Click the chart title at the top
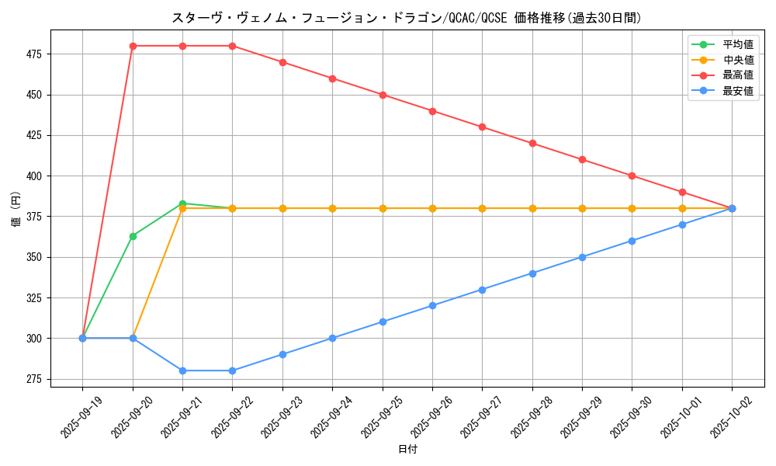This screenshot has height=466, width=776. (x=407, y=18)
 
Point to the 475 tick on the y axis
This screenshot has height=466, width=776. (x=35, y=54)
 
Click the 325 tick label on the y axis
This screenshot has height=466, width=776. (x=35, y=298)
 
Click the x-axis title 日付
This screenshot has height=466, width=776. (x=407, y=450)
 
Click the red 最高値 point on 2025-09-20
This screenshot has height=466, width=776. (x=133, y=46)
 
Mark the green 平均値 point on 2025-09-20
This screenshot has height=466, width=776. (x=133, y=236)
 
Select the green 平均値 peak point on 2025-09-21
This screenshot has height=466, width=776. (x=182, y=203)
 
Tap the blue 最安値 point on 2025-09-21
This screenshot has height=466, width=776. (x=182, y=370)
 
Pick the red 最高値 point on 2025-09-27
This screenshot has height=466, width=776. (x=482, y=127)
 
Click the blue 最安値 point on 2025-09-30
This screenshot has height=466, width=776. (x=632, y=241)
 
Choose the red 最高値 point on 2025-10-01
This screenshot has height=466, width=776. (x=682, y=192)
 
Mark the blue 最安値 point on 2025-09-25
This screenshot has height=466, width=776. (x=383, y=322)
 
